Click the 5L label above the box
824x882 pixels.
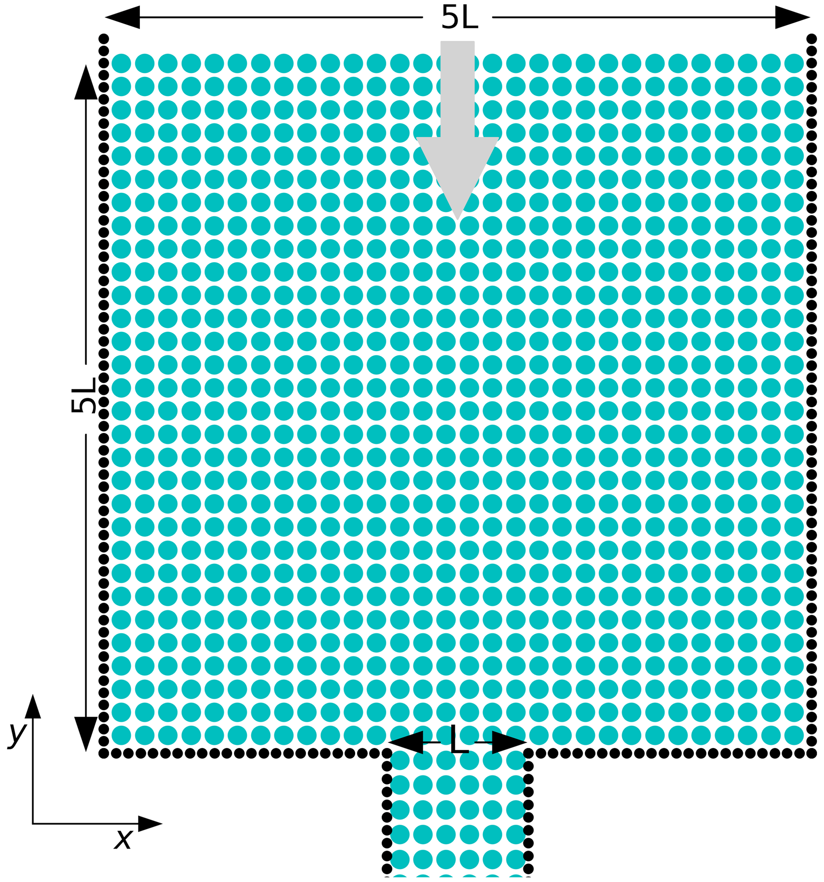[x=459, y=18]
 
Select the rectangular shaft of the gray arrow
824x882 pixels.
[x=457, y=89]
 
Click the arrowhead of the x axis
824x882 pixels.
[x=150, y=824]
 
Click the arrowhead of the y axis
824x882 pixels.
[x=33, y=707]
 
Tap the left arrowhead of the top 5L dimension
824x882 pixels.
[x=122, y=17]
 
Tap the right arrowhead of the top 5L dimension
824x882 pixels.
[x=793, y=17]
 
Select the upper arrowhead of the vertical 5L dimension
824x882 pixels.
[x=86, y=82]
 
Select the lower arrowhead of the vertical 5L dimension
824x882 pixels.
[x=86, y=734]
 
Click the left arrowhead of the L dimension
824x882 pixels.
[x=405, y=742]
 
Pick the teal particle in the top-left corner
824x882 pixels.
[x=121, y=63]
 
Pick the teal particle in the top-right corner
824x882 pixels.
[x=794, y=63]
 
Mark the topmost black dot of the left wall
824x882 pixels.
[x=103, y=39]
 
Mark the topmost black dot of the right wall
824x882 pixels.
[x=812, y=39]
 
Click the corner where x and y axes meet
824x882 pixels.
[x=33, y=824]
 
